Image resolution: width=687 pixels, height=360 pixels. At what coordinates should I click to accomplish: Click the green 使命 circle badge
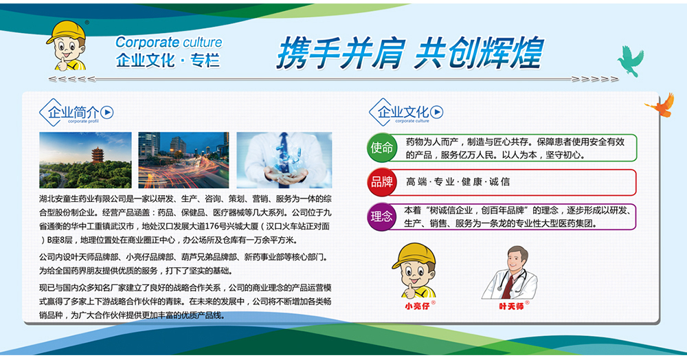[381, 148]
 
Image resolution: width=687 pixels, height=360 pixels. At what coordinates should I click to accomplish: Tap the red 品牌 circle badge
[381, 182]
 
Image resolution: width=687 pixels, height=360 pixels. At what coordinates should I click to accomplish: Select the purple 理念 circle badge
[381, 216]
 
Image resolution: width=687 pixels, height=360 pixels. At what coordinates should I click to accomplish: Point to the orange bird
[660, 106]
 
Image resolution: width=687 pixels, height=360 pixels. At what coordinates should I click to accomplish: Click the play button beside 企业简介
[107, 113]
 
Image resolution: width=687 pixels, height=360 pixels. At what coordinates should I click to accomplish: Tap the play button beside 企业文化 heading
[437, 113]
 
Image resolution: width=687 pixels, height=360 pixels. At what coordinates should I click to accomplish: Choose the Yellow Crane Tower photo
[85, 160]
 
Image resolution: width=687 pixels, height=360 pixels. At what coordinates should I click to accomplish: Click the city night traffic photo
[183, 160]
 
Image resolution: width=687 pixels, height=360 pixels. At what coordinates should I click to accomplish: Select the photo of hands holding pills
[284, 160]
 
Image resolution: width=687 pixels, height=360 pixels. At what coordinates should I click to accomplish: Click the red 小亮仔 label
[418, 306]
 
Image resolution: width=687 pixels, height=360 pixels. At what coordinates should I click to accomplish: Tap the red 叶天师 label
[511, 306]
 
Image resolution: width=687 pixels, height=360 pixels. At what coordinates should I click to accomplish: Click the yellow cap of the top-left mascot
[67, 32]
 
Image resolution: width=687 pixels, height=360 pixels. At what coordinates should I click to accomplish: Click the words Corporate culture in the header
[169, 43]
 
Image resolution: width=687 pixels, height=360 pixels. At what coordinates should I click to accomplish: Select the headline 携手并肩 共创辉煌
[409, 53]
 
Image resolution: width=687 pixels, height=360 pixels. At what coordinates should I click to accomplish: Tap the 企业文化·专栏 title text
[168, 60]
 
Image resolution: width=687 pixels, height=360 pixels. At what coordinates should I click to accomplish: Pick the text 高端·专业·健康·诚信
[458, 182]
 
